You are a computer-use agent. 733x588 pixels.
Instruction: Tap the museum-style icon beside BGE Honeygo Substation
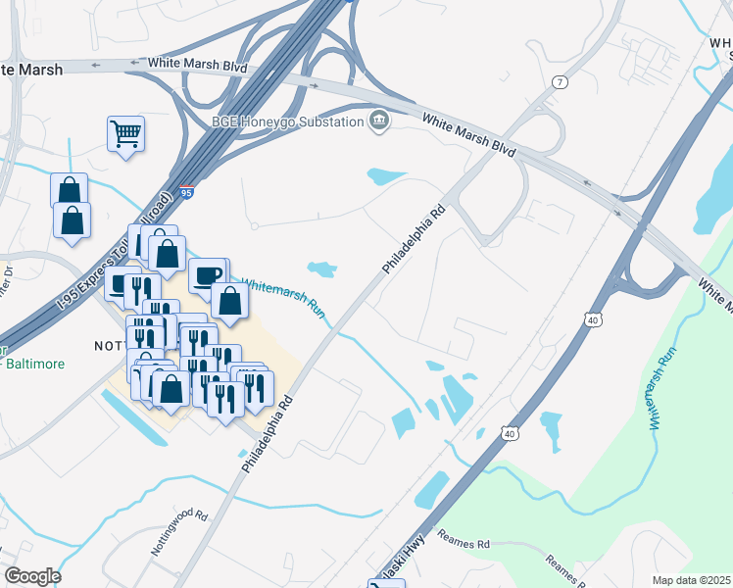[378, 122]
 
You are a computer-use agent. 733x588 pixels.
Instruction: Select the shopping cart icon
[125, 132]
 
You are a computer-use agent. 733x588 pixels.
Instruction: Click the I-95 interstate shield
[186, 193]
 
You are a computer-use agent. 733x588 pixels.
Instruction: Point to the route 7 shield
[560, 80]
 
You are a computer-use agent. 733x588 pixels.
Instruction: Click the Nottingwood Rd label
[179, 532]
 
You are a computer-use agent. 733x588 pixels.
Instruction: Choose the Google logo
[33, 576]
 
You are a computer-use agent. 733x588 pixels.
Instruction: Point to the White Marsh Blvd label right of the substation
[468, 136]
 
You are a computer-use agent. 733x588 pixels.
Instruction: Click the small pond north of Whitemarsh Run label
[320, 268]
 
